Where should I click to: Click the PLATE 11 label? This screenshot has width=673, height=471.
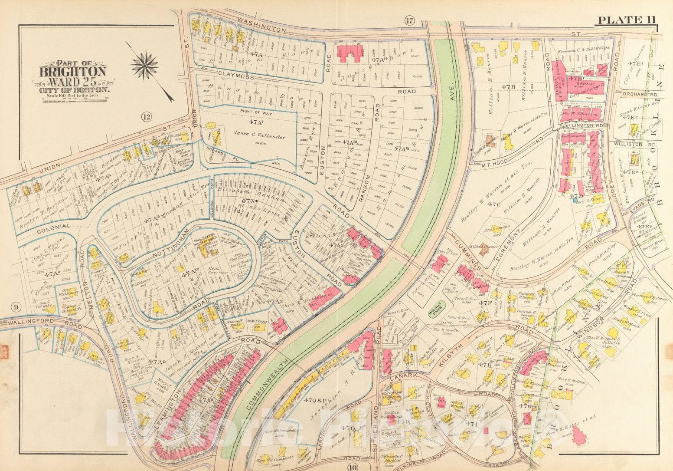[x=627, y=20]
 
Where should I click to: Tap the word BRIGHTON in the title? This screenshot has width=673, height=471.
[x=73, y=71]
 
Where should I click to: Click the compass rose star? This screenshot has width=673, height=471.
[x=146, y=66]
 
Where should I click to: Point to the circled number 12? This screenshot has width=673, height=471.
[x=147, y=116]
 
